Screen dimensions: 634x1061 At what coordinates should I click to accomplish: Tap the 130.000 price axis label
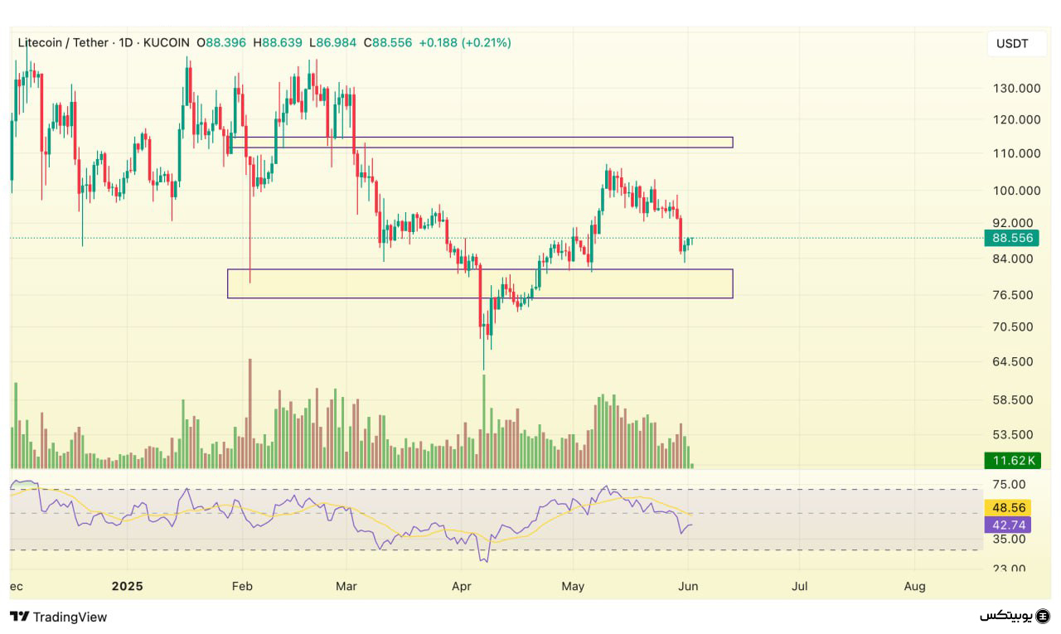click(1016, 89)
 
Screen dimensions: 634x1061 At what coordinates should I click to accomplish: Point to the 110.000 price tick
click(1016, 153)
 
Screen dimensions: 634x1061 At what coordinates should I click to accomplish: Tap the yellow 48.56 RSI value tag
click(1007, 507)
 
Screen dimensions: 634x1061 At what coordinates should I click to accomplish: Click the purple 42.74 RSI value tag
click(1007, 525)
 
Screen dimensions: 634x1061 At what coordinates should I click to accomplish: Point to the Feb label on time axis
click(242, 586)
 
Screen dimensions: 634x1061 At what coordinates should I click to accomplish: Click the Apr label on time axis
click(462, 586)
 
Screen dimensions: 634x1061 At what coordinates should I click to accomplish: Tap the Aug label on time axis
click(914, 586)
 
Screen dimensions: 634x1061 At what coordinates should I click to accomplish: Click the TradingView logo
click(59, 617)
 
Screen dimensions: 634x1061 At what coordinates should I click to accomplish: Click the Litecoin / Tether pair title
click(63, 42)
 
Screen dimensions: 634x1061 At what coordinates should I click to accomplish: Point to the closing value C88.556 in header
click(388, 42)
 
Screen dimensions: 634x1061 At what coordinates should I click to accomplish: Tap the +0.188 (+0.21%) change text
click(464, 42)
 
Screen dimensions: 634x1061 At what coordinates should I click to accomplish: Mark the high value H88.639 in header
click(278, 42)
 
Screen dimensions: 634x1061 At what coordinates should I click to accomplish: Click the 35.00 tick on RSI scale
click(1008, 539)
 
